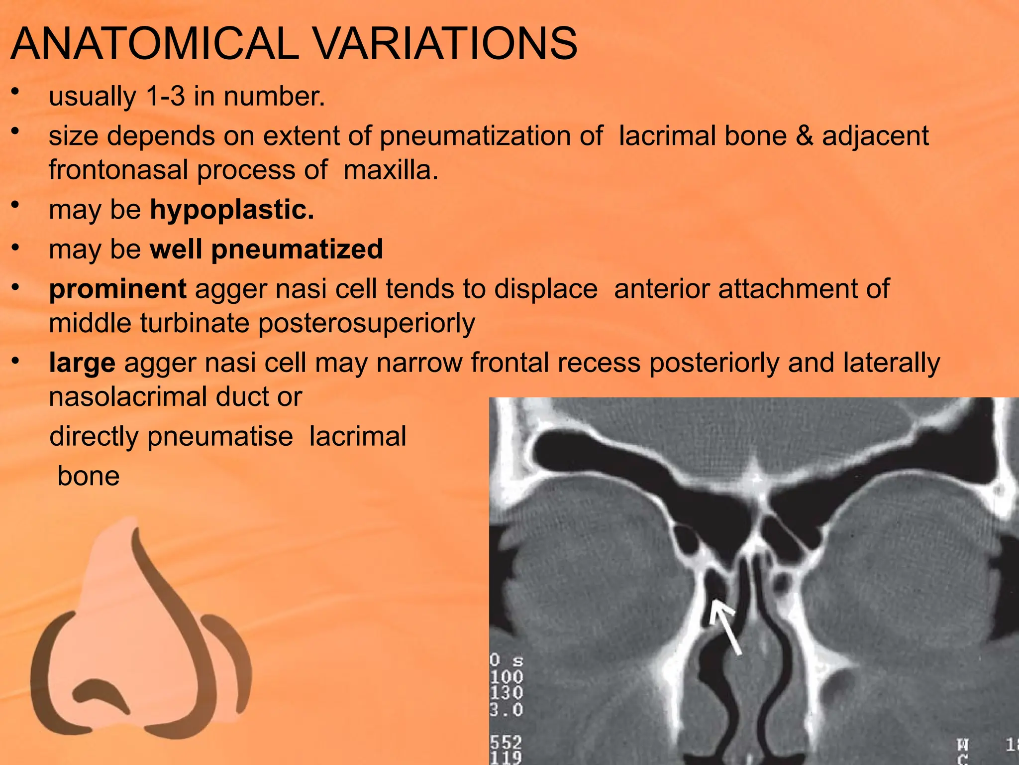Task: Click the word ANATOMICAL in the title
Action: (x=154, y=44)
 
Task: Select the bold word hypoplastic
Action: (x=232, y=210)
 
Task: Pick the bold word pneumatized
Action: (x=297, y=250)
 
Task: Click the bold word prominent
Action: (x=117, y=289)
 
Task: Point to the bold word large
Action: (x=82, y=363)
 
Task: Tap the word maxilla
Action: (x=391, y=170)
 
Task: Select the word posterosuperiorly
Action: (x=367, y=324)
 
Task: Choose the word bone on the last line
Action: (x=89, y=476)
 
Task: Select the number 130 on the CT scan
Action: (x=506, y=693)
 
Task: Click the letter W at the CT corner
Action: (x=963, y=746)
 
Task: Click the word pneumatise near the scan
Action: (x=220, y=437)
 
